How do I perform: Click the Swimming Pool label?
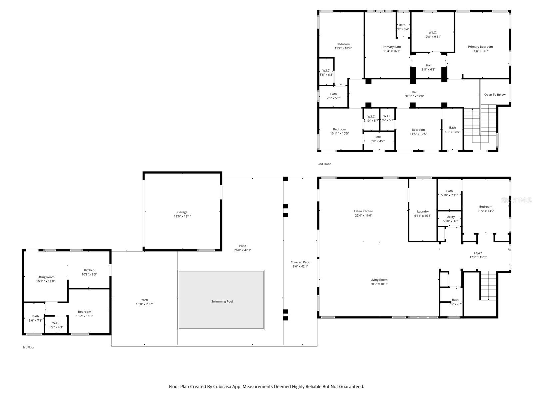point(222,302)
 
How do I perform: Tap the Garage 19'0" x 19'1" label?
point(182,214)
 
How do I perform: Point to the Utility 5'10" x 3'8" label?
point(450,219)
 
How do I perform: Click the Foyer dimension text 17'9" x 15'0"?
point(478,257)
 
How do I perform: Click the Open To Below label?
point(495,95)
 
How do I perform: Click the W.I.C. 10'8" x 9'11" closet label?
point(432,35)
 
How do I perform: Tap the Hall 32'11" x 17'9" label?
point(414,94)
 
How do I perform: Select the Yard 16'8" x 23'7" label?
point(144,302)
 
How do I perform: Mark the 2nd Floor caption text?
point(324,164)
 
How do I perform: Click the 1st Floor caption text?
point(28,347)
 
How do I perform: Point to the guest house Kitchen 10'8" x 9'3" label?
point(89,272)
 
